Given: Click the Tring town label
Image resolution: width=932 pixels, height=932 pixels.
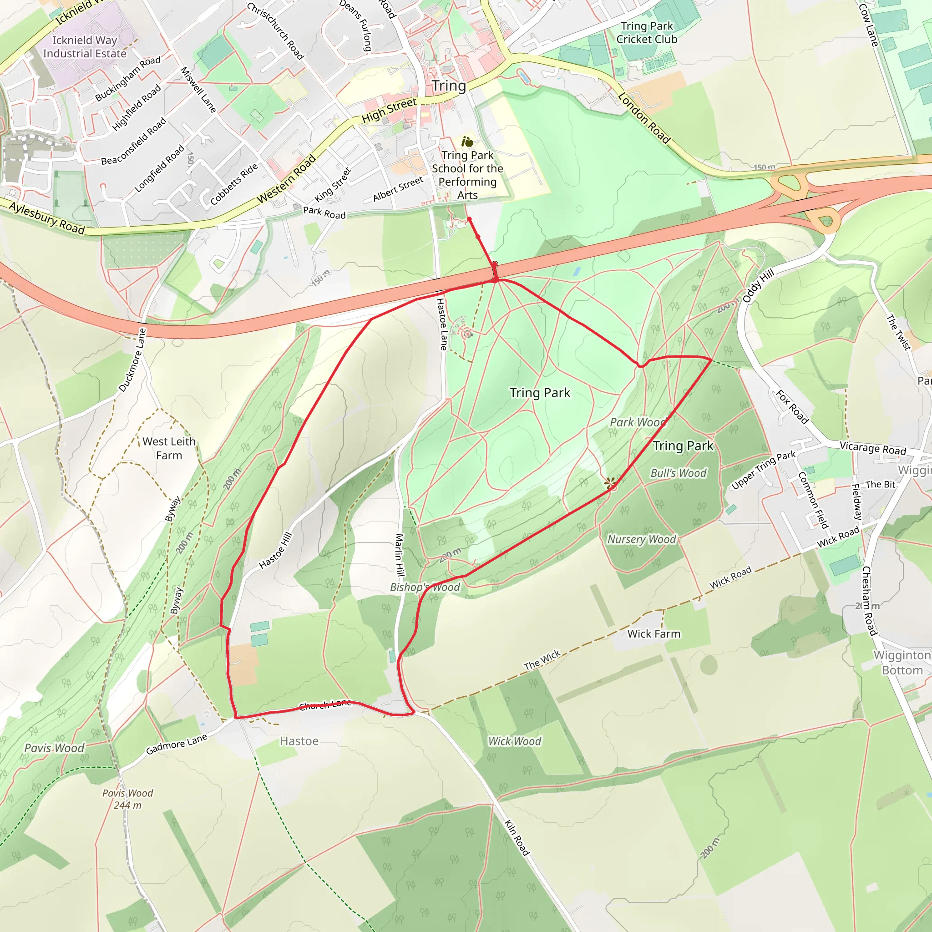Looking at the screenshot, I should (x=449, y=86).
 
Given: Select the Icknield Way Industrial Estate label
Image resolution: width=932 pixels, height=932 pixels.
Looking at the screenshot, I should (x=85, y=47).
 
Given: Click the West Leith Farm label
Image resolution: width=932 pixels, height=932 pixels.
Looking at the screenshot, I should (x=169, y=448).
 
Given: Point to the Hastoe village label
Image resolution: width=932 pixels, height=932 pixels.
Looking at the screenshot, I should (x=299, y=741).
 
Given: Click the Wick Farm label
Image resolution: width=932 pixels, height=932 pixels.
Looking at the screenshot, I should (x=653, y=634).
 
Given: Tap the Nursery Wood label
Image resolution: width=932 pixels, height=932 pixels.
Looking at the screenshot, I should (x=641, y=539).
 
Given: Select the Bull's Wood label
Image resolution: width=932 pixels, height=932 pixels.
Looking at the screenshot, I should (x=678, y=473).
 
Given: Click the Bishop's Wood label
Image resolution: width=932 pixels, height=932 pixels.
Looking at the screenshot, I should (x=425, y=587).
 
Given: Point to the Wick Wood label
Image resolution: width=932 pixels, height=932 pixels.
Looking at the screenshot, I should (x=515, y=741).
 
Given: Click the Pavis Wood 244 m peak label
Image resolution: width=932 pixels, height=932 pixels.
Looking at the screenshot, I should (x=127, y=799).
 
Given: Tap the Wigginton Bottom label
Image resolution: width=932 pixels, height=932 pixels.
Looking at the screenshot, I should (x=902, y=662).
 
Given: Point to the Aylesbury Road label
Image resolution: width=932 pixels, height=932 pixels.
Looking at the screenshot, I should (x=47, y=218).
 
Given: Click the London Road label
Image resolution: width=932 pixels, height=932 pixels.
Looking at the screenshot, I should (x=644, y=118).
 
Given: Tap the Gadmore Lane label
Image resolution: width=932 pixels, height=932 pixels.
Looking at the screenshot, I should (x=177, y=744).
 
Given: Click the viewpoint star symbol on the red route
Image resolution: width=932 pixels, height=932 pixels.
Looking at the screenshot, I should (x=610, y=483).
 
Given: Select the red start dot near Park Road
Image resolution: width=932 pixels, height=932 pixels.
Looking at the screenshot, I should (x=469, y=219).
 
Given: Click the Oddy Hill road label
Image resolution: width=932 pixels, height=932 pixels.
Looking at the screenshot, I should (x=758, y=286).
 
